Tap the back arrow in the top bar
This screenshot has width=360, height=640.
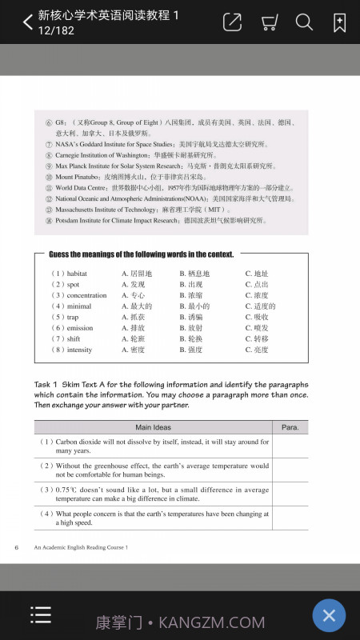(28, 22)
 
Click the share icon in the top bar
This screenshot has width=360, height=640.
(232, 22)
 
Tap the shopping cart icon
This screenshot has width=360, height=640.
(270, 22)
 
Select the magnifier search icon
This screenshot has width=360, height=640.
(304, 22)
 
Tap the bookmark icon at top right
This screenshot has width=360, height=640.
(339, 22)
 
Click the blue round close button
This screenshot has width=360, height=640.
(328, 615)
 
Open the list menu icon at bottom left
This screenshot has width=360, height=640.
(40, 614)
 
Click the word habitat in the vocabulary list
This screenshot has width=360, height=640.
(78, 274)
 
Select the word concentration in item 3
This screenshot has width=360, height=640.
(86, 295)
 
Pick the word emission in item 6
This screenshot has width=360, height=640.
(80, 328)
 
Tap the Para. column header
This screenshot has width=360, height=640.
(290, 427)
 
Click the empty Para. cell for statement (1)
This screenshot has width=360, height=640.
(290, 446)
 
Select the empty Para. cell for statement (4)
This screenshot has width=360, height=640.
(290, 518)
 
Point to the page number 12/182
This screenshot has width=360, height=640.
(56, 30)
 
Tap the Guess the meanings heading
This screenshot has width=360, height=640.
(141, 254)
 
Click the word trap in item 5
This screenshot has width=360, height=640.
(73, 317)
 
